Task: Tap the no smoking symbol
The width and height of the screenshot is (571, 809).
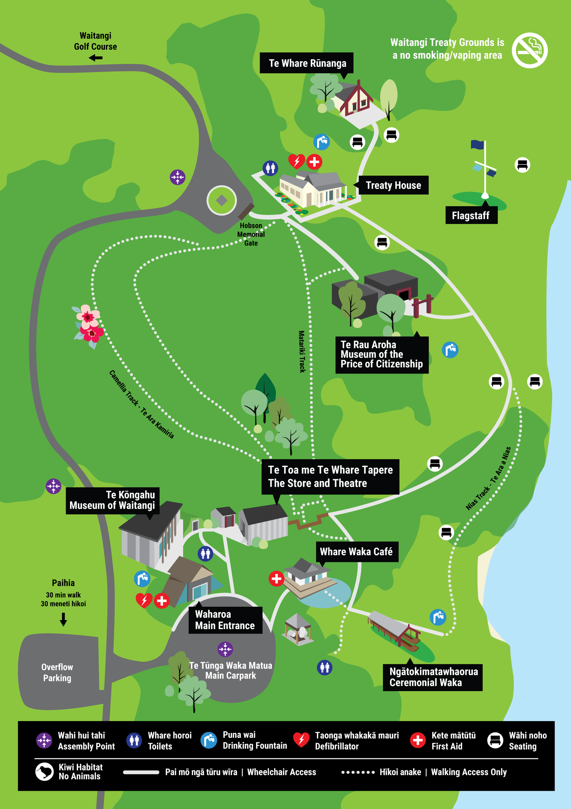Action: (530, 50)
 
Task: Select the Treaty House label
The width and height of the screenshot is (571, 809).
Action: (393, 185)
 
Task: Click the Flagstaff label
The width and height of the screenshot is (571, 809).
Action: (471, 215)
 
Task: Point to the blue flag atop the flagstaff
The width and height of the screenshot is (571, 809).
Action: (477, 144)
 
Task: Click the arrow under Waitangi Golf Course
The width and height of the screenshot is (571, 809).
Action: (96, 58)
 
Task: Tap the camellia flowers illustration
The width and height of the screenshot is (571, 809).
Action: (89, 325)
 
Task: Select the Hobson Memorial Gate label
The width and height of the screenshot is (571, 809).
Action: (251, 234)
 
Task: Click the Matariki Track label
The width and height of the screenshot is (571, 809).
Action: (302, 352)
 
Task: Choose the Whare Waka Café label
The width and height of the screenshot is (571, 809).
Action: (357, 552)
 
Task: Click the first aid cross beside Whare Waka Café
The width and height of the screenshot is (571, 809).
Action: (276, 579)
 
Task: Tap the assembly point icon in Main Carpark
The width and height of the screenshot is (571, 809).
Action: (225, 649)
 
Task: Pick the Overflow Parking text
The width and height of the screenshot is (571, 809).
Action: (57, 672)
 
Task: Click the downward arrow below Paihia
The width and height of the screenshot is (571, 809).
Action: (63, 619)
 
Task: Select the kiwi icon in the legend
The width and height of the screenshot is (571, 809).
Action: (44, 772)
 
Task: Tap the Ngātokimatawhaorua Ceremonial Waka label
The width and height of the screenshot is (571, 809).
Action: (433, 677)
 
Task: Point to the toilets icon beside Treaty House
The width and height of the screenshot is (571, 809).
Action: (270, 168)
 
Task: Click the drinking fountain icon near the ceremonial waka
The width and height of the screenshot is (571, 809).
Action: (438, 617)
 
